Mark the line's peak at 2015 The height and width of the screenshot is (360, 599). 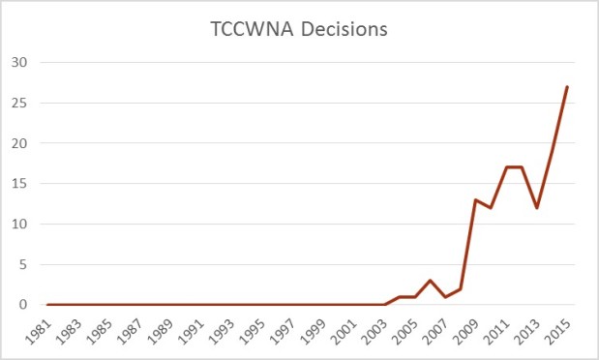567,87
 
